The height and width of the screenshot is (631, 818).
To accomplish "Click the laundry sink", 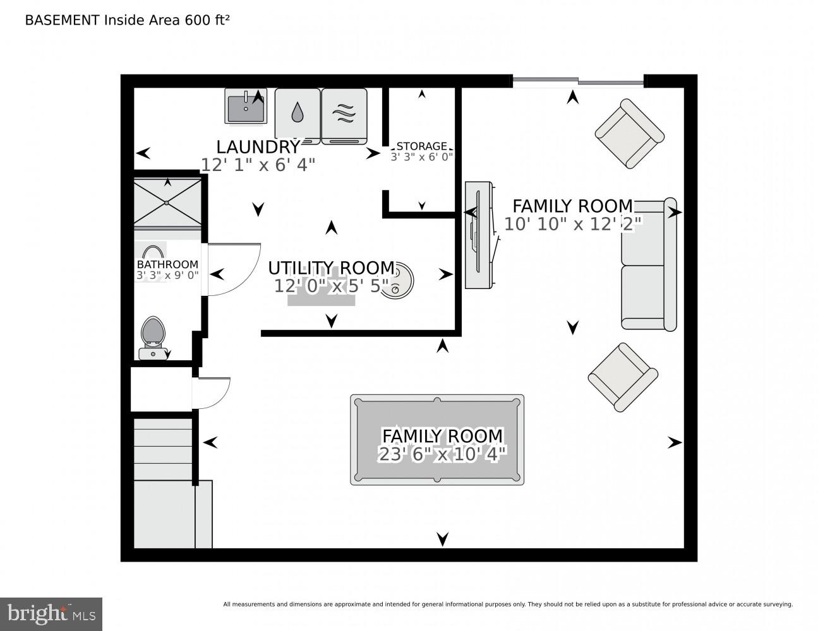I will (x=246, y=107).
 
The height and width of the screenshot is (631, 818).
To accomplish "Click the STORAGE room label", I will (x=421, y=146).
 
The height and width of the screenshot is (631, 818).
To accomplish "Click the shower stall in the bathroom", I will (x=167, y=202).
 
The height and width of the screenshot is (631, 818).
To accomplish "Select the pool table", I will (x=437, y=440).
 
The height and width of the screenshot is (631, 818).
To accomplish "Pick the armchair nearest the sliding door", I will (x=629, y=133).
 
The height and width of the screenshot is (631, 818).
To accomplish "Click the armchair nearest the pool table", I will (x=622, y=377).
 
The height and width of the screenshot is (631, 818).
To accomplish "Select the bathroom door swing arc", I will (x=234, y=269).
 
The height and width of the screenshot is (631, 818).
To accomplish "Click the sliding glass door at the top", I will (x=577, y=81).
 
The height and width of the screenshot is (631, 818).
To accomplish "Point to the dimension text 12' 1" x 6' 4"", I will (x=258, y=165).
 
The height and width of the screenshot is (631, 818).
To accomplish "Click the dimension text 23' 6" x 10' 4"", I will (x=442, y=454).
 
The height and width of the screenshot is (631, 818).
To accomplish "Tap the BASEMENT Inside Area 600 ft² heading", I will (x=126, y=20).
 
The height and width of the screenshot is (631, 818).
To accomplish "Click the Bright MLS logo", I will (x=51, y=614).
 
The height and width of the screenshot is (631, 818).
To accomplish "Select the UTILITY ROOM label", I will (x=331, y=268).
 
